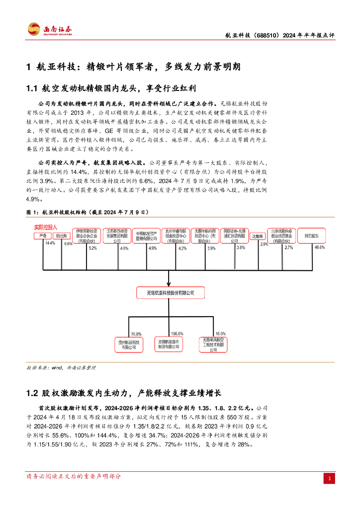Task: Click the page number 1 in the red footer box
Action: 328,479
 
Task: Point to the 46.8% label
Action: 319,247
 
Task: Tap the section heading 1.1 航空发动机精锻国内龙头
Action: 113,88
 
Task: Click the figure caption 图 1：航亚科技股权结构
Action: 88,212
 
